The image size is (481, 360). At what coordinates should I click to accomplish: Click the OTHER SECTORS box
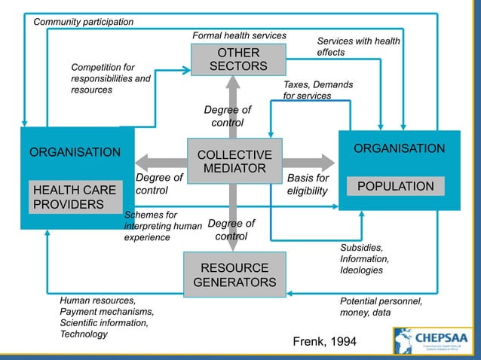[x=238, y=59]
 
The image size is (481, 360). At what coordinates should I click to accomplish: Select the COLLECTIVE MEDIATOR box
[x=234, y=161]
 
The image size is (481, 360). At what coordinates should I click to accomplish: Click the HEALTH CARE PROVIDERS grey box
[x=73, y=197]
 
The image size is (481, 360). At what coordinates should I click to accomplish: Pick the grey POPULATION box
[x=396, y=186]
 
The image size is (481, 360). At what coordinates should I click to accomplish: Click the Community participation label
[x=83, y=22]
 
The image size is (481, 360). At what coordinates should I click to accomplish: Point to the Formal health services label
[x=240, y=35]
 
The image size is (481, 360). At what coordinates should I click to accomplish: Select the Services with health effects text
[x=358, y=47]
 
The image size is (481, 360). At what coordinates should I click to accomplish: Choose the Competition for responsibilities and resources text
[x=111, y=79]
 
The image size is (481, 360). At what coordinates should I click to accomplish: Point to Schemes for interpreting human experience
[x=162, y=226]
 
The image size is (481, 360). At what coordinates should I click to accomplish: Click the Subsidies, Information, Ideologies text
[x=363, y=258]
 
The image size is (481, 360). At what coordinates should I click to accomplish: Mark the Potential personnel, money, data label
[x=381, y=307]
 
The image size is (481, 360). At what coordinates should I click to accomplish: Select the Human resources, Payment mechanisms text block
[x=106, y=317]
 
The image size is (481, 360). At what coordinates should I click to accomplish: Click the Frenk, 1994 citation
[x=324, y=343]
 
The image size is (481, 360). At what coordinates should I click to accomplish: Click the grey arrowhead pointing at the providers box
[x=142, y=161]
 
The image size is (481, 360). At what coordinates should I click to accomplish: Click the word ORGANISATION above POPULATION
[x=399, y=149]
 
